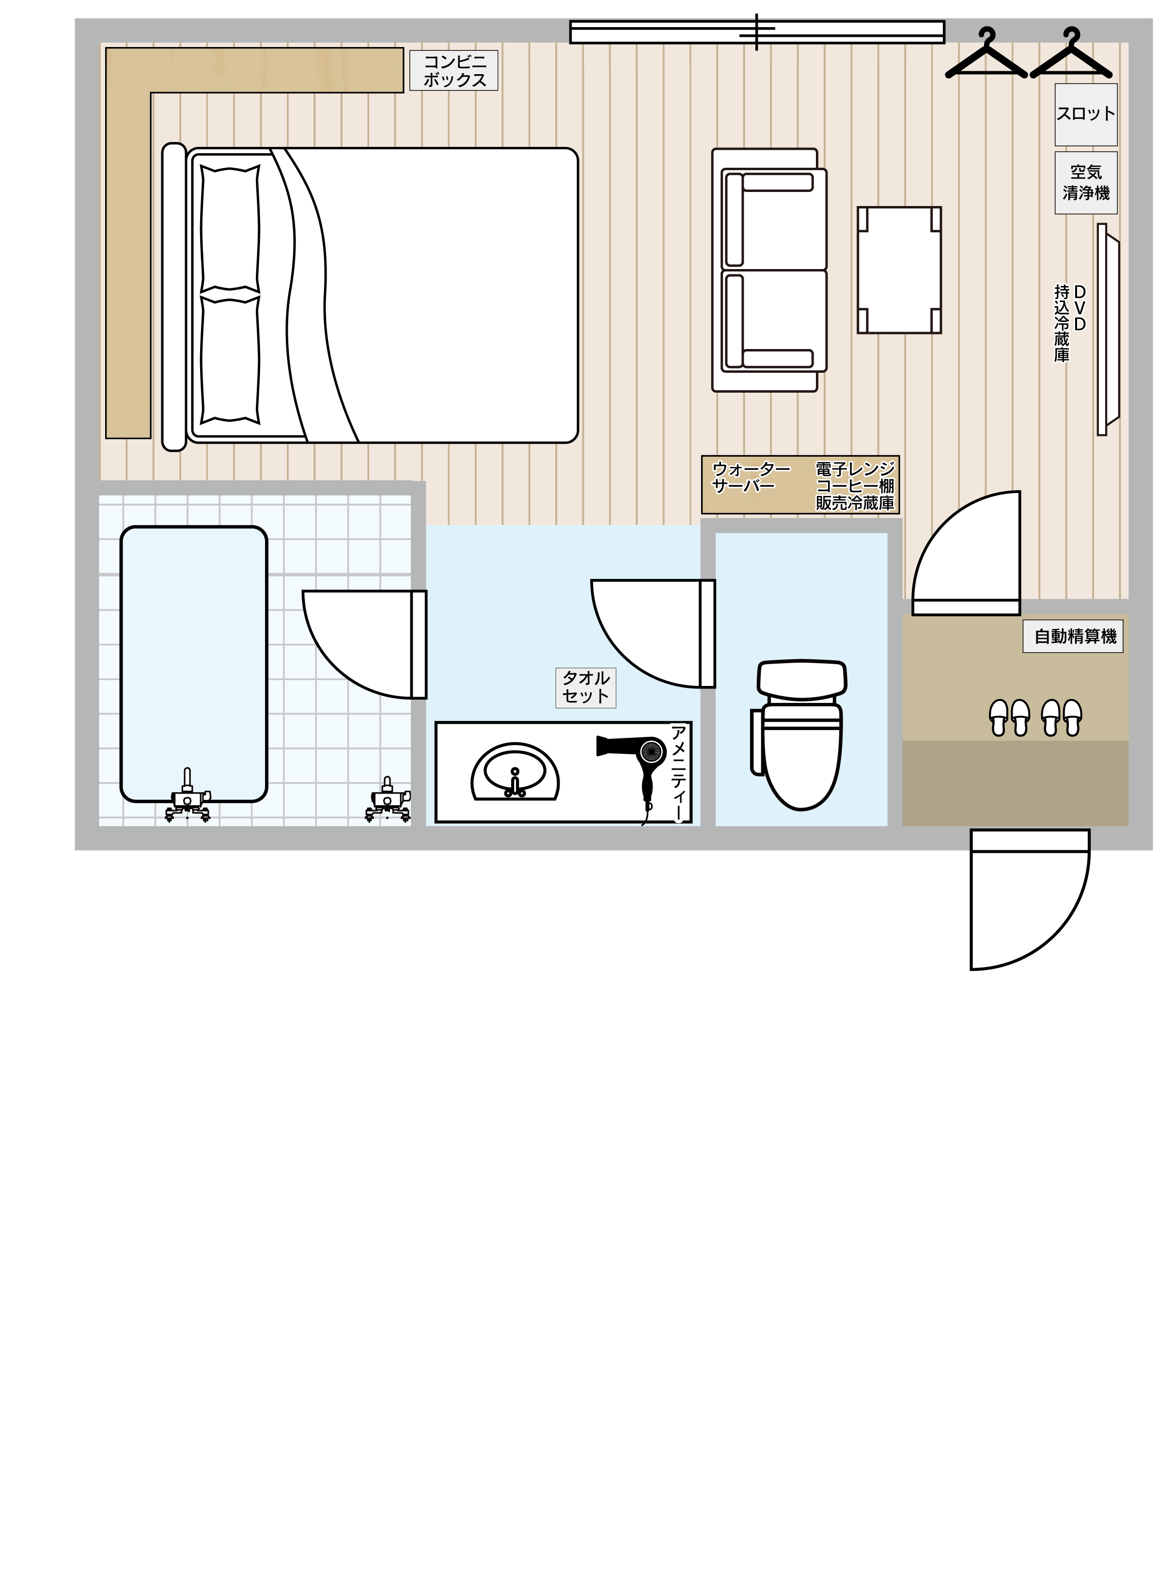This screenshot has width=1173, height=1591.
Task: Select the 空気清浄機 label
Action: click(1086, 183)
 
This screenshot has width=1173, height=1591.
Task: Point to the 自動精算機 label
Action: click(1073, 636)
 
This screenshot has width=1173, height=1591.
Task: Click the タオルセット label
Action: click(586, 687)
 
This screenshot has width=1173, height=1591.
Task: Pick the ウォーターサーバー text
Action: click(751, 477)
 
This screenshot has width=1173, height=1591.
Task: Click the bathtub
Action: click(194, 664)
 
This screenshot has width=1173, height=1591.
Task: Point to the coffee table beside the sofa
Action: click(899, 270)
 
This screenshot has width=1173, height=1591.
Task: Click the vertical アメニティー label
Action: click(679, 773)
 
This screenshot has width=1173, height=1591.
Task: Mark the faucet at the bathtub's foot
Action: click(188, 795)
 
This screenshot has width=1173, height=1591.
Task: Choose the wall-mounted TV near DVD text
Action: click(1106, 329)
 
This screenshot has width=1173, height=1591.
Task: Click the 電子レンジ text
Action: click(855, 469)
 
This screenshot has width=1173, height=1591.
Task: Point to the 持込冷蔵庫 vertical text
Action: click(1062, 323)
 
